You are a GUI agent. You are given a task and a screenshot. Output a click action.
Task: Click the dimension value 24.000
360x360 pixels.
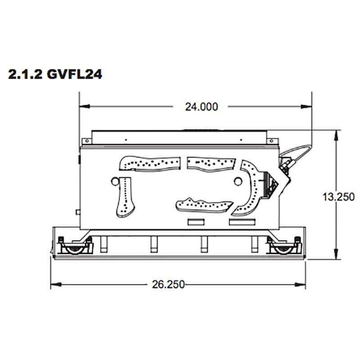pyautogui.click(x=201, y=107)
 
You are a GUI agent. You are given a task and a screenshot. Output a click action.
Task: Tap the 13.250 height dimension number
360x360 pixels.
pyautogui.click(x=338, y=197)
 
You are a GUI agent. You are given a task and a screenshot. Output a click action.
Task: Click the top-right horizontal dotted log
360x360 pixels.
pyautogui.click(x=211, y=164)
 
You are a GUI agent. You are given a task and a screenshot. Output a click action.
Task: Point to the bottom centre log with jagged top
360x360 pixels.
pyautogui.click(x=204, y=205)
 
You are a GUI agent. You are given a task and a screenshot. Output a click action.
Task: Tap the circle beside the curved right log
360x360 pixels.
pyautogui.click(x=237, y=181)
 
